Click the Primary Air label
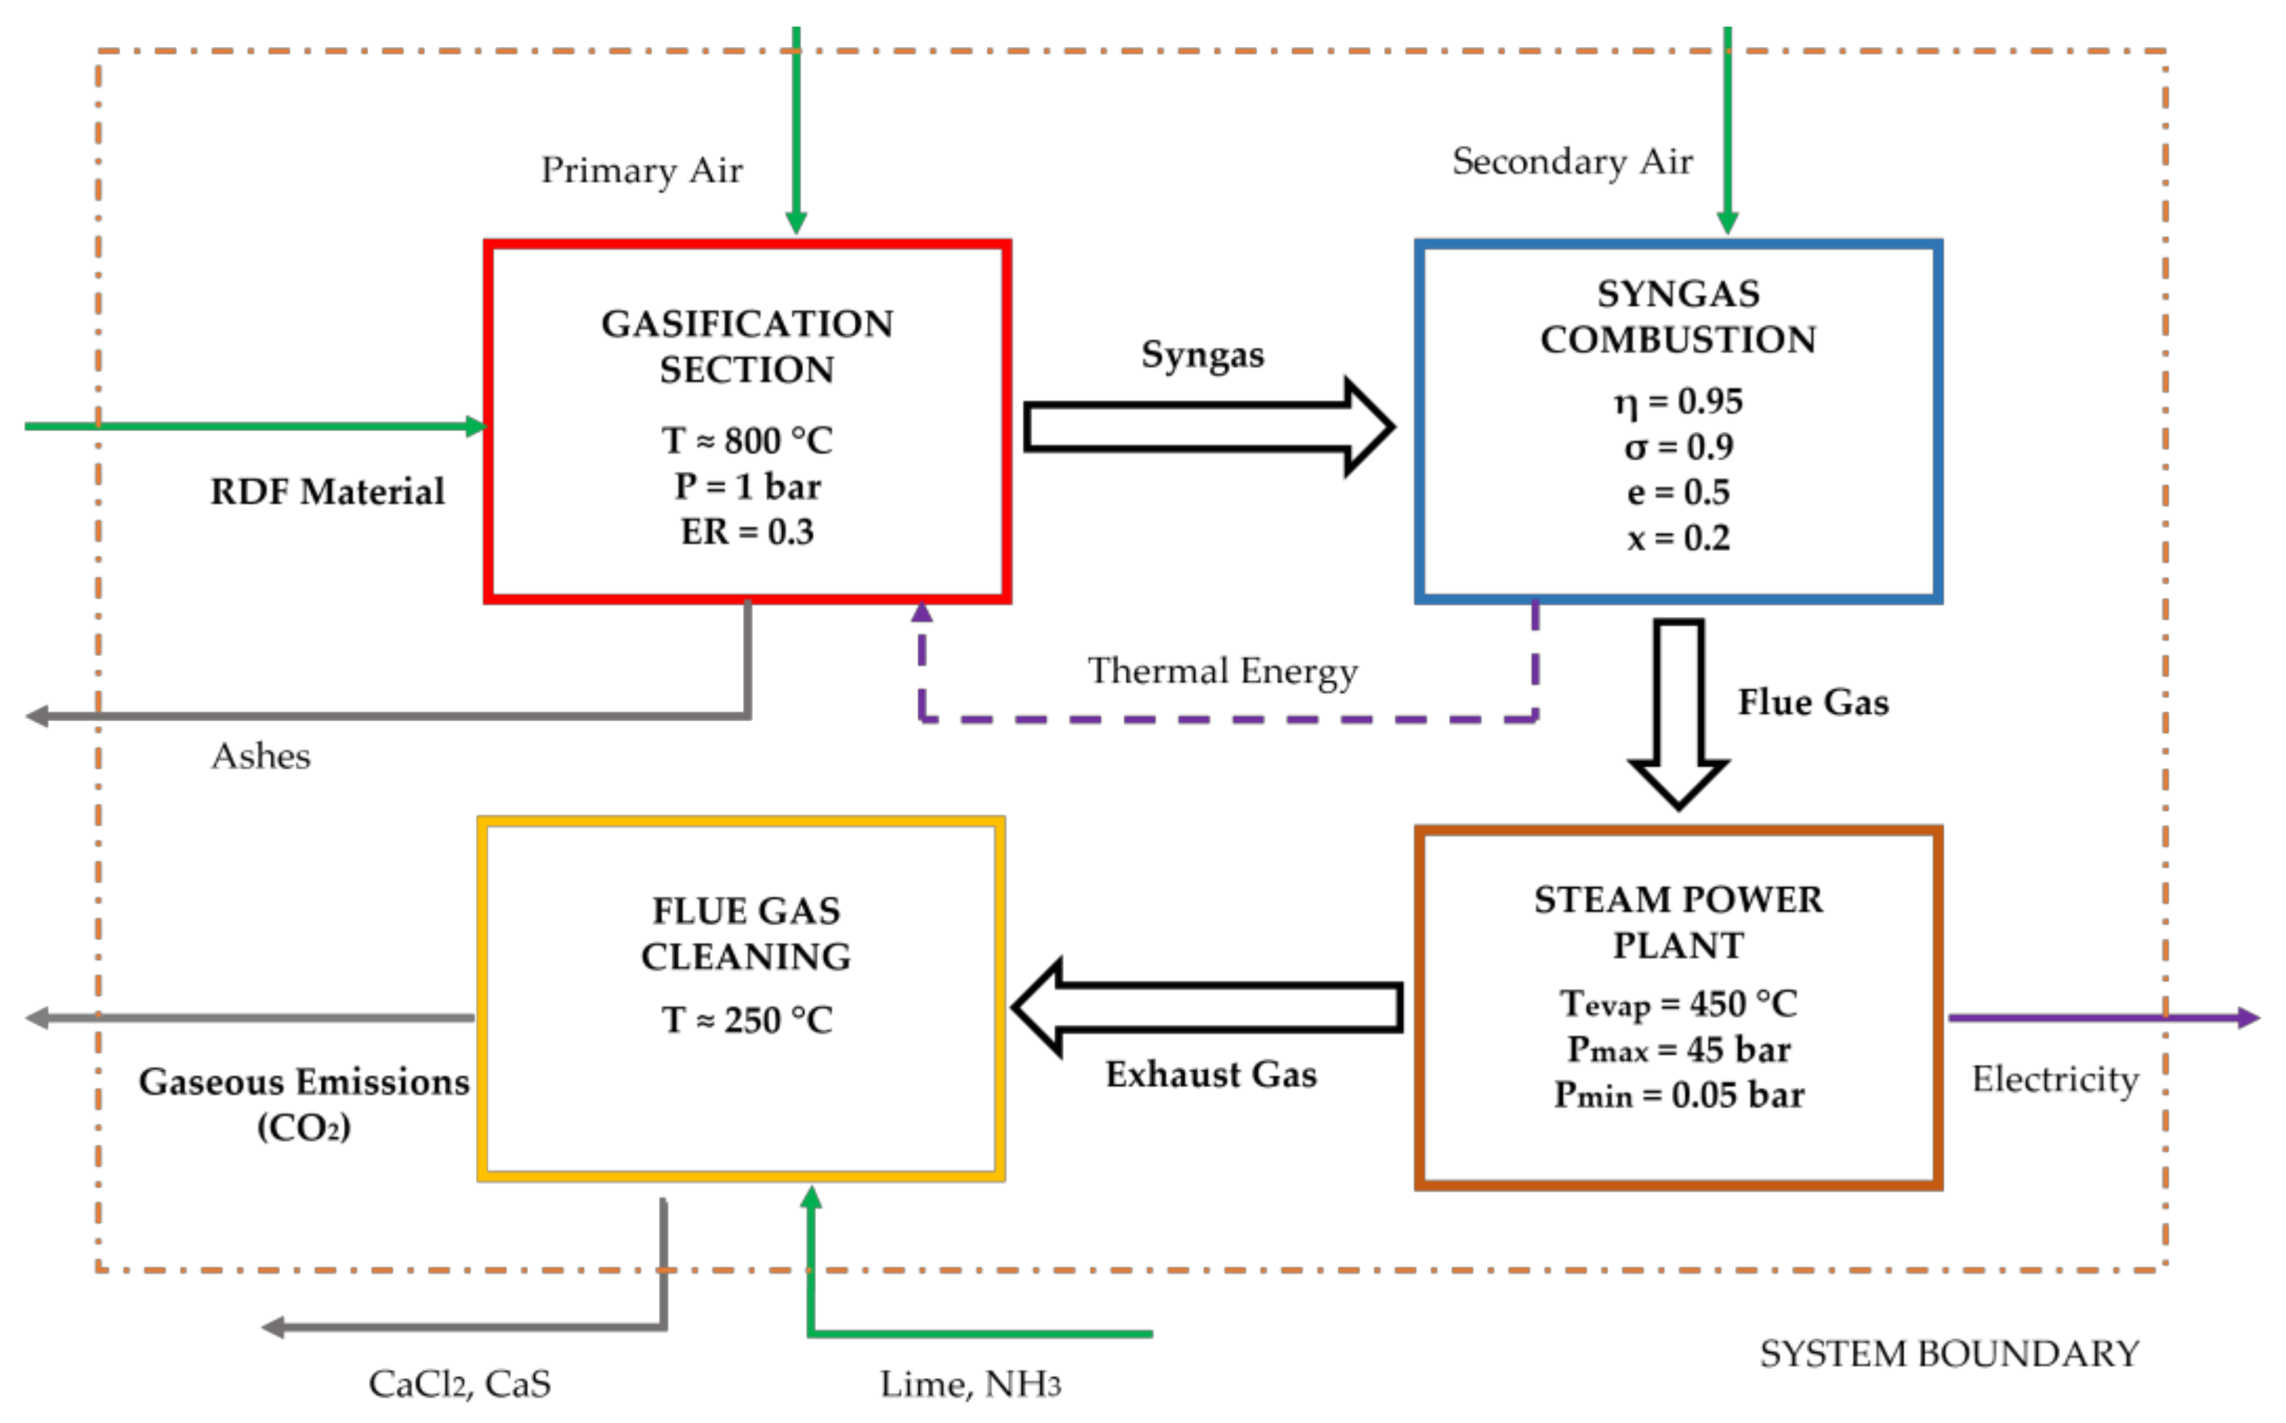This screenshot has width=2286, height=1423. pyautogui.click(x=642, y=170)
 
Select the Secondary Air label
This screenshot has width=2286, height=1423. pyautogui.click(x=1572, y=161)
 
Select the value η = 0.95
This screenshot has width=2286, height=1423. pyautogui.click(x=1679, y=402)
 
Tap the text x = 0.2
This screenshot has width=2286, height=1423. pyautogui.click(x=1679, y=539)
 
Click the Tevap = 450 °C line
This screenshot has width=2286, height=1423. pyautogui.click(x=1679, y=1004)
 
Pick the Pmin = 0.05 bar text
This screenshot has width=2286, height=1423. pyautogui.click(x=1679, y=1095)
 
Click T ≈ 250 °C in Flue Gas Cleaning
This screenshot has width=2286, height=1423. pyautogui.click(x=747, y=1020)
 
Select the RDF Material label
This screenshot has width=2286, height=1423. pyautogui.click(x=328, y=492)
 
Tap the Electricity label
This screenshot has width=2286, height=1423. pyautogui.click(x=2056, y=1079)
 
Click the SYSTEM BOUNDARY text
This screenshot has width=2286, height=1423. pyautogui.click(x=1949, y=1354)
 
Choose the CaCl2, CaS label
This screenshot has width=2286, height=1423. pyautogui.click(x=459, y=1384)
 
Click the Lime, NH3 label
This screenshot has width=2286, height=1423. pyautogui.click(x=970, y=1384)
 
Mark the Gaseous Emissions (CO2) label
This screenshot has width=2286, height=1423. pyautogui.click(x=304, y=1104)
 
